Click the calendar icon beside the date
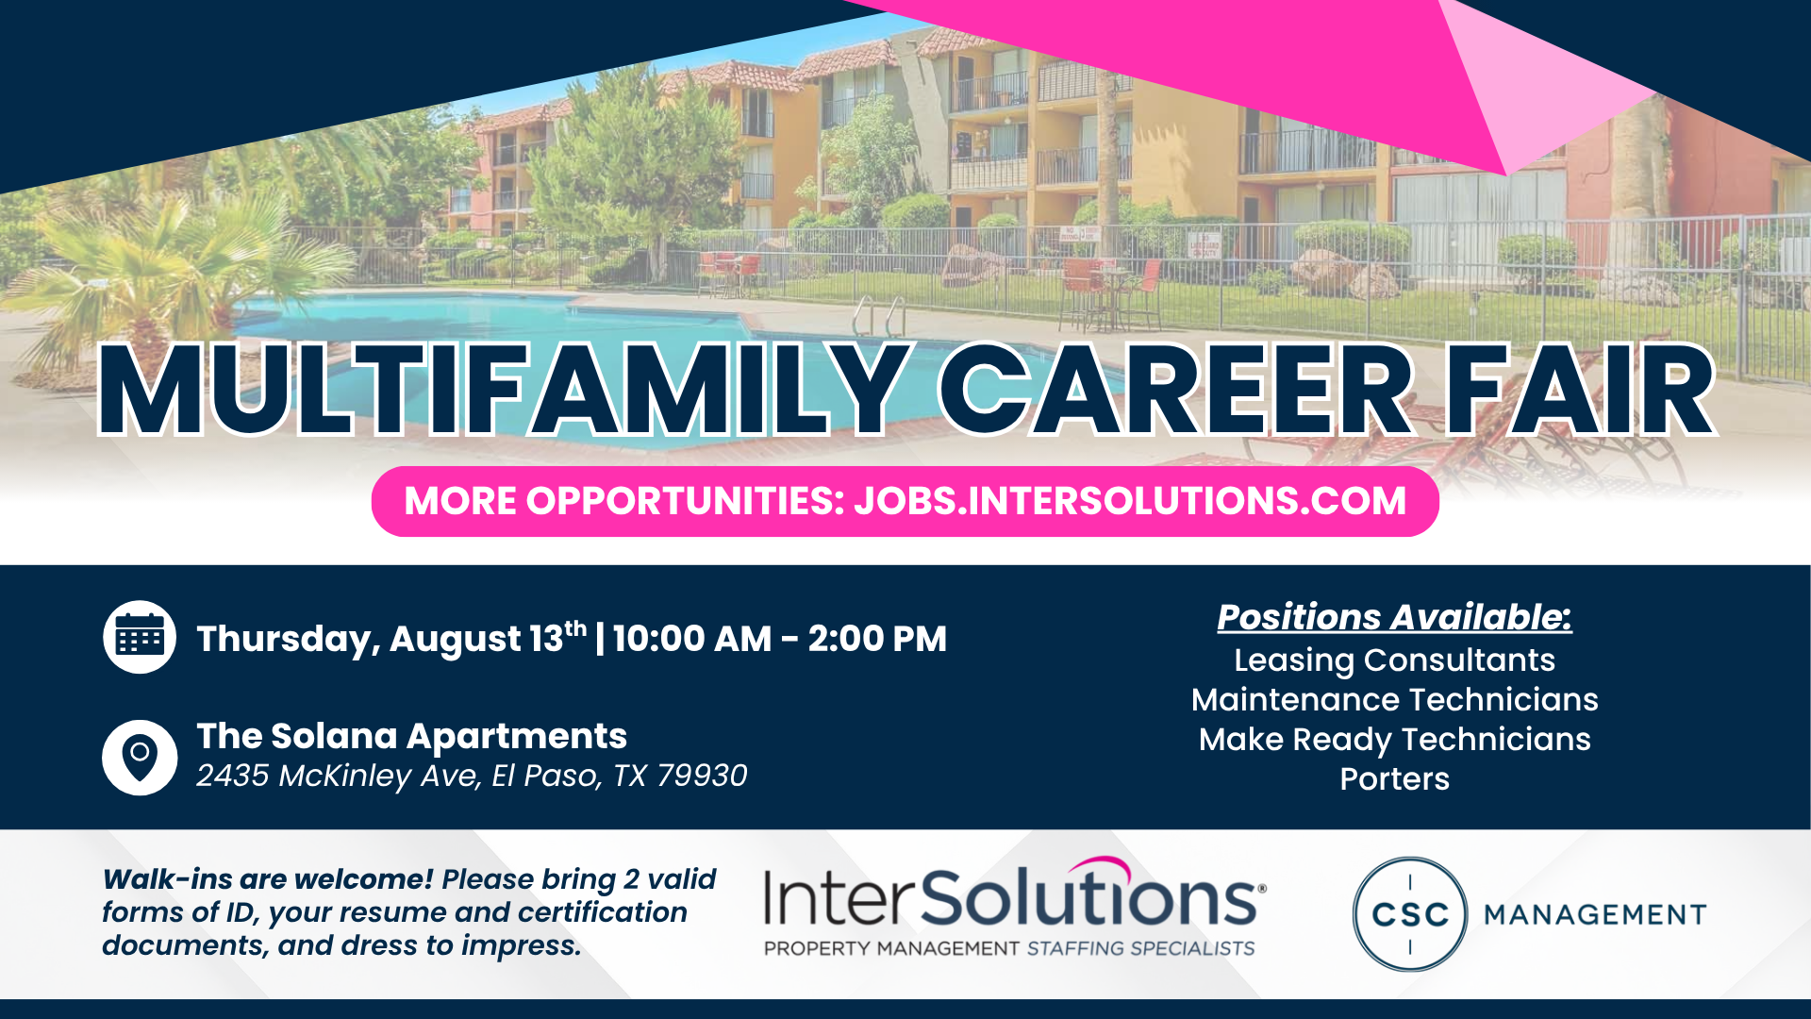[140, 637]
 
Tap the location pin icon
[140, 758]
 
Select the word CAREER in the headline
[1175, 390]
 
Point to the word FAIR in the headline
[1580, 390]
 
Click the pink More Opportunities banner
[905, 501]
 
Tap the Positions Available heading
[1394, 617]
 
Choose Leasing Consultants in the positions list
[1394, 660]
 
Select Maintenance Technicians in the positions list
[1394, 700]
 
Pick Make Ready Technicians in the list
[1394, 740]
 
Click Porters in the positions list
[1394, 779]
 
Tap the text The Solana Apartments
[411, 737]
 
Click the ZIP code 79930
[702, 776]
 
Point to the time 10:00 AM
[692, 639]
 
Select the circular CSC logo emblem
[1410, 914]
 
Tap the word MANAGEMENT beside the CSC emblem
[1595, 914]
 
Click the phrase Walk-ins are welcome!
[268, 879]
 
